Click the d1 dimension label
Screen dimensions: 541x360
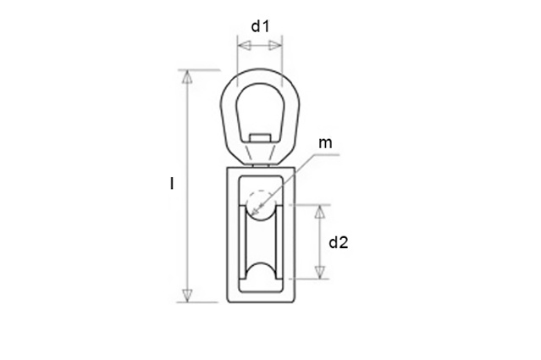pyautogui.click(x=260, y=26)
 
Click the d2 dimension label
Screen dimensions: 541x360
pyautogui.click(x=339, y=242)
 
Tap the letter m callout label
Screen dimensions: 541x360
pyautogui.click(x=325, y=143)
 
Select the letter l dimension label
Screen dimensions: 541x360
pyautogui.click(x=172, y=183)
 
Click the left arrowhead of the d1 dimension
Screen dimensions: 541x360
pyautogui.click(x=245, y=46)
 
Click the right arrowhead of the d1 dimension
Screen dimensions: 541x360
pyautogui.click(x=275, y=46)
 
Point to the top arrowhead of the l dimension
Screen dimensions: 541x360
pyautogui.click(x=187, y=77)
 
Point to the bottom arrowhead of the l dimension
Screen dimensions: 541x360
pyautogui.click(x=187, y=296)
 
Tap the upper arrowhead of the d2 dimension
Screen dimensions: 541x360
pyautogui.click(x=321, y=212)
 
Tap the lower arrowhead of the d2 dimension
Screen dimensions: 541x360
pyautogui.click(x=321, y=272)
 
